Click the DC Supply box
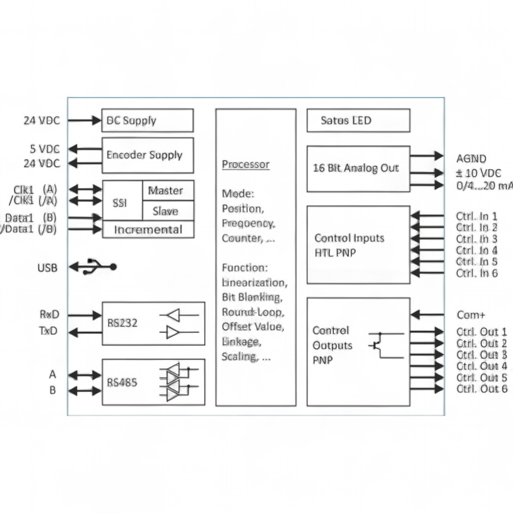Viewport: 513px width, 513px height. click(148, 121)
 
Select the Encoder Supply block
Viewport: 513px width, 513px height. click(148, 155)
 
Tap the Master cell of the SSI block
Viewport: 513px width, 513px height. click(168, 190)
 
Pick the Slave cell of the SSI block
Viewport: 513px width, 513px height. click(168, 211)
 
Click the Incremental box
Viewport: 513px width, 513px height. click(148, 229)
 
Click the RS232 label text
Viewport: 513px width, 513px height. click(123, 323)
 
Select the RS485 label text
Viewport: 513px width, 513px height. click(122, 383)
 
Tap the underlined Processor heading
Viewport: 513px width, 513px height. click(246, 164)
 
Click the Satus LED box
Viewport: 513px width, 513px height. click(358, 121)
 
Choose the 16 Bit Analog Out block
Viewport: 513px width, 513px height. click(358, 169)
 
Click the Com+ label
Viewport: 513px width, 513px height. click(471, 315)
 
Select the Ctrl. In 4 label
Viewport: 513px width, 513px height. click(477, 251)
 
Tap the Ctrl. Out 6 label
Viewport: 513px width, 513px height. click(482, 389)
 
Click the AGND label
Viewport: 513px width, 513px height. click(471, 159)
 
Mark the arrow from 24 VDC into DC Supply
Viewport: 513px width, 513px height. click(85, 121)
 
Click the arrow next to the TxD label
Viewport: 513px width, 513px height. click(85, 332)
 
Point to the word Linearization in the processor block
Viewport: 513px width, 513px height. click(254, 282)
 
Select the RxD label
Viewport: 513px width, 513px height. click(49, 314)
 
